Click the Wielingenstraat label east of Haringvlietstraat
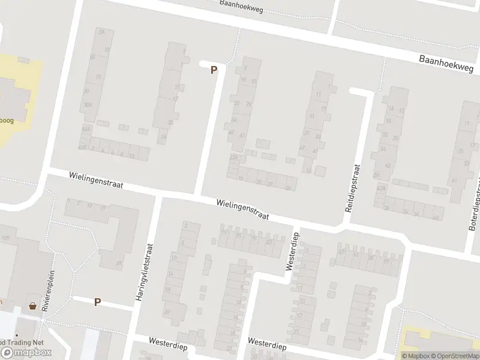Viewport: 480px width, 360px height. (243, 209)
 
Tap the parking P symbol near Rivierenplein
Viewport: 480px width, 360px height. (97, 302)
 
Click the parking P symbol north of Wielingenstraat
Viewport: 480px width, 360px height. (214, 70)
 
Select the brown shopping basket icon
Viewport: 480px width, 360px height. (32, 306)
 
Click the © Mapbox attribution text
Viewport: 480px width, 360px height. (416, 356)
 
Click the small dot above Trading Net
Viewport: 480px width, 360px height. (17, 335)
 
